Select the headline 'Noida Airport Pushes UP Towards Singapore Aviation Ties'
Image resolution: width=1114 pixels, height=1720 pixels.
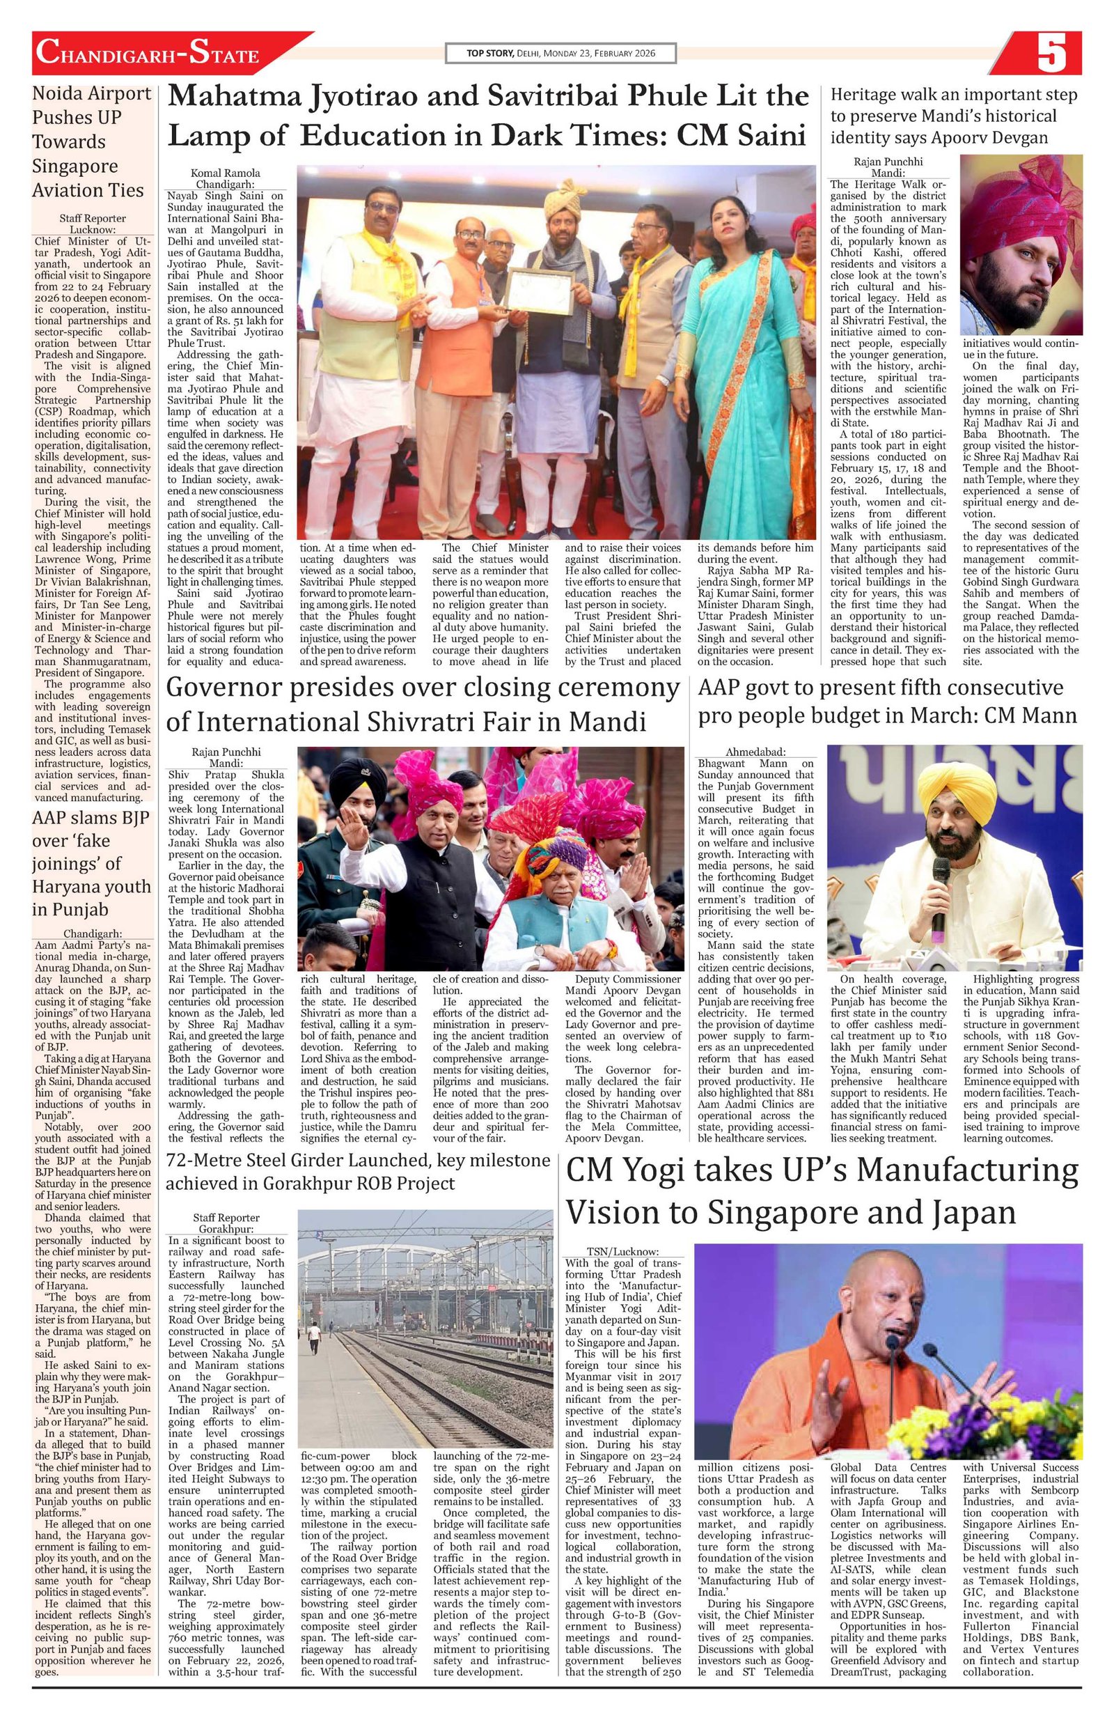[x=92, y=141]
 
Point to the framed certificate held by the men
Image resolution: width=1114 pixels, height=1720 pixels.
[x=538, y=302]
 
